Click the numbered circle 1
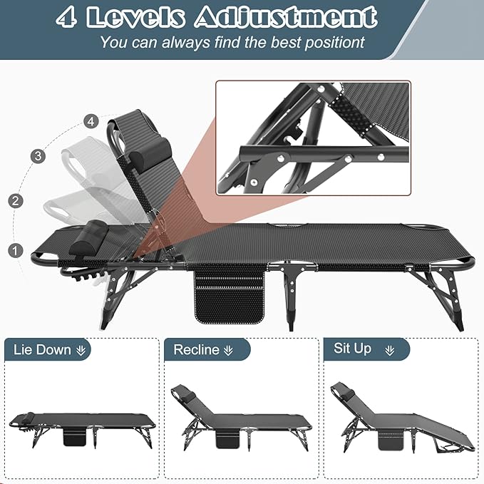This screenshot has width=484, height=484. [x=14, y=250]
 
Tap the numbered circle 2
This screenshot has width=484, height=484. [x=16, y=200]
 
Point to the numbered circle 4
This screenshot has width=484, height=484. [x=90, y=121]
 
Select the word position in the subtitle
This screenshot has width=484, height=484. [x=329, y=42]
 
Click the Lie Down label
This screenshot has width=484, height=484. [x=43, y=350]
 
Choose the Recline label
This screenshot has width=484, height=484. [x=196, y=350]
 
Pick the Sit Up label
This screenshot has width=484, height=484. [x=353, y=349]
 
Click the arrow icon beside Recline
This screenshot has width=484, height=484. [x=228, y=350]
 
